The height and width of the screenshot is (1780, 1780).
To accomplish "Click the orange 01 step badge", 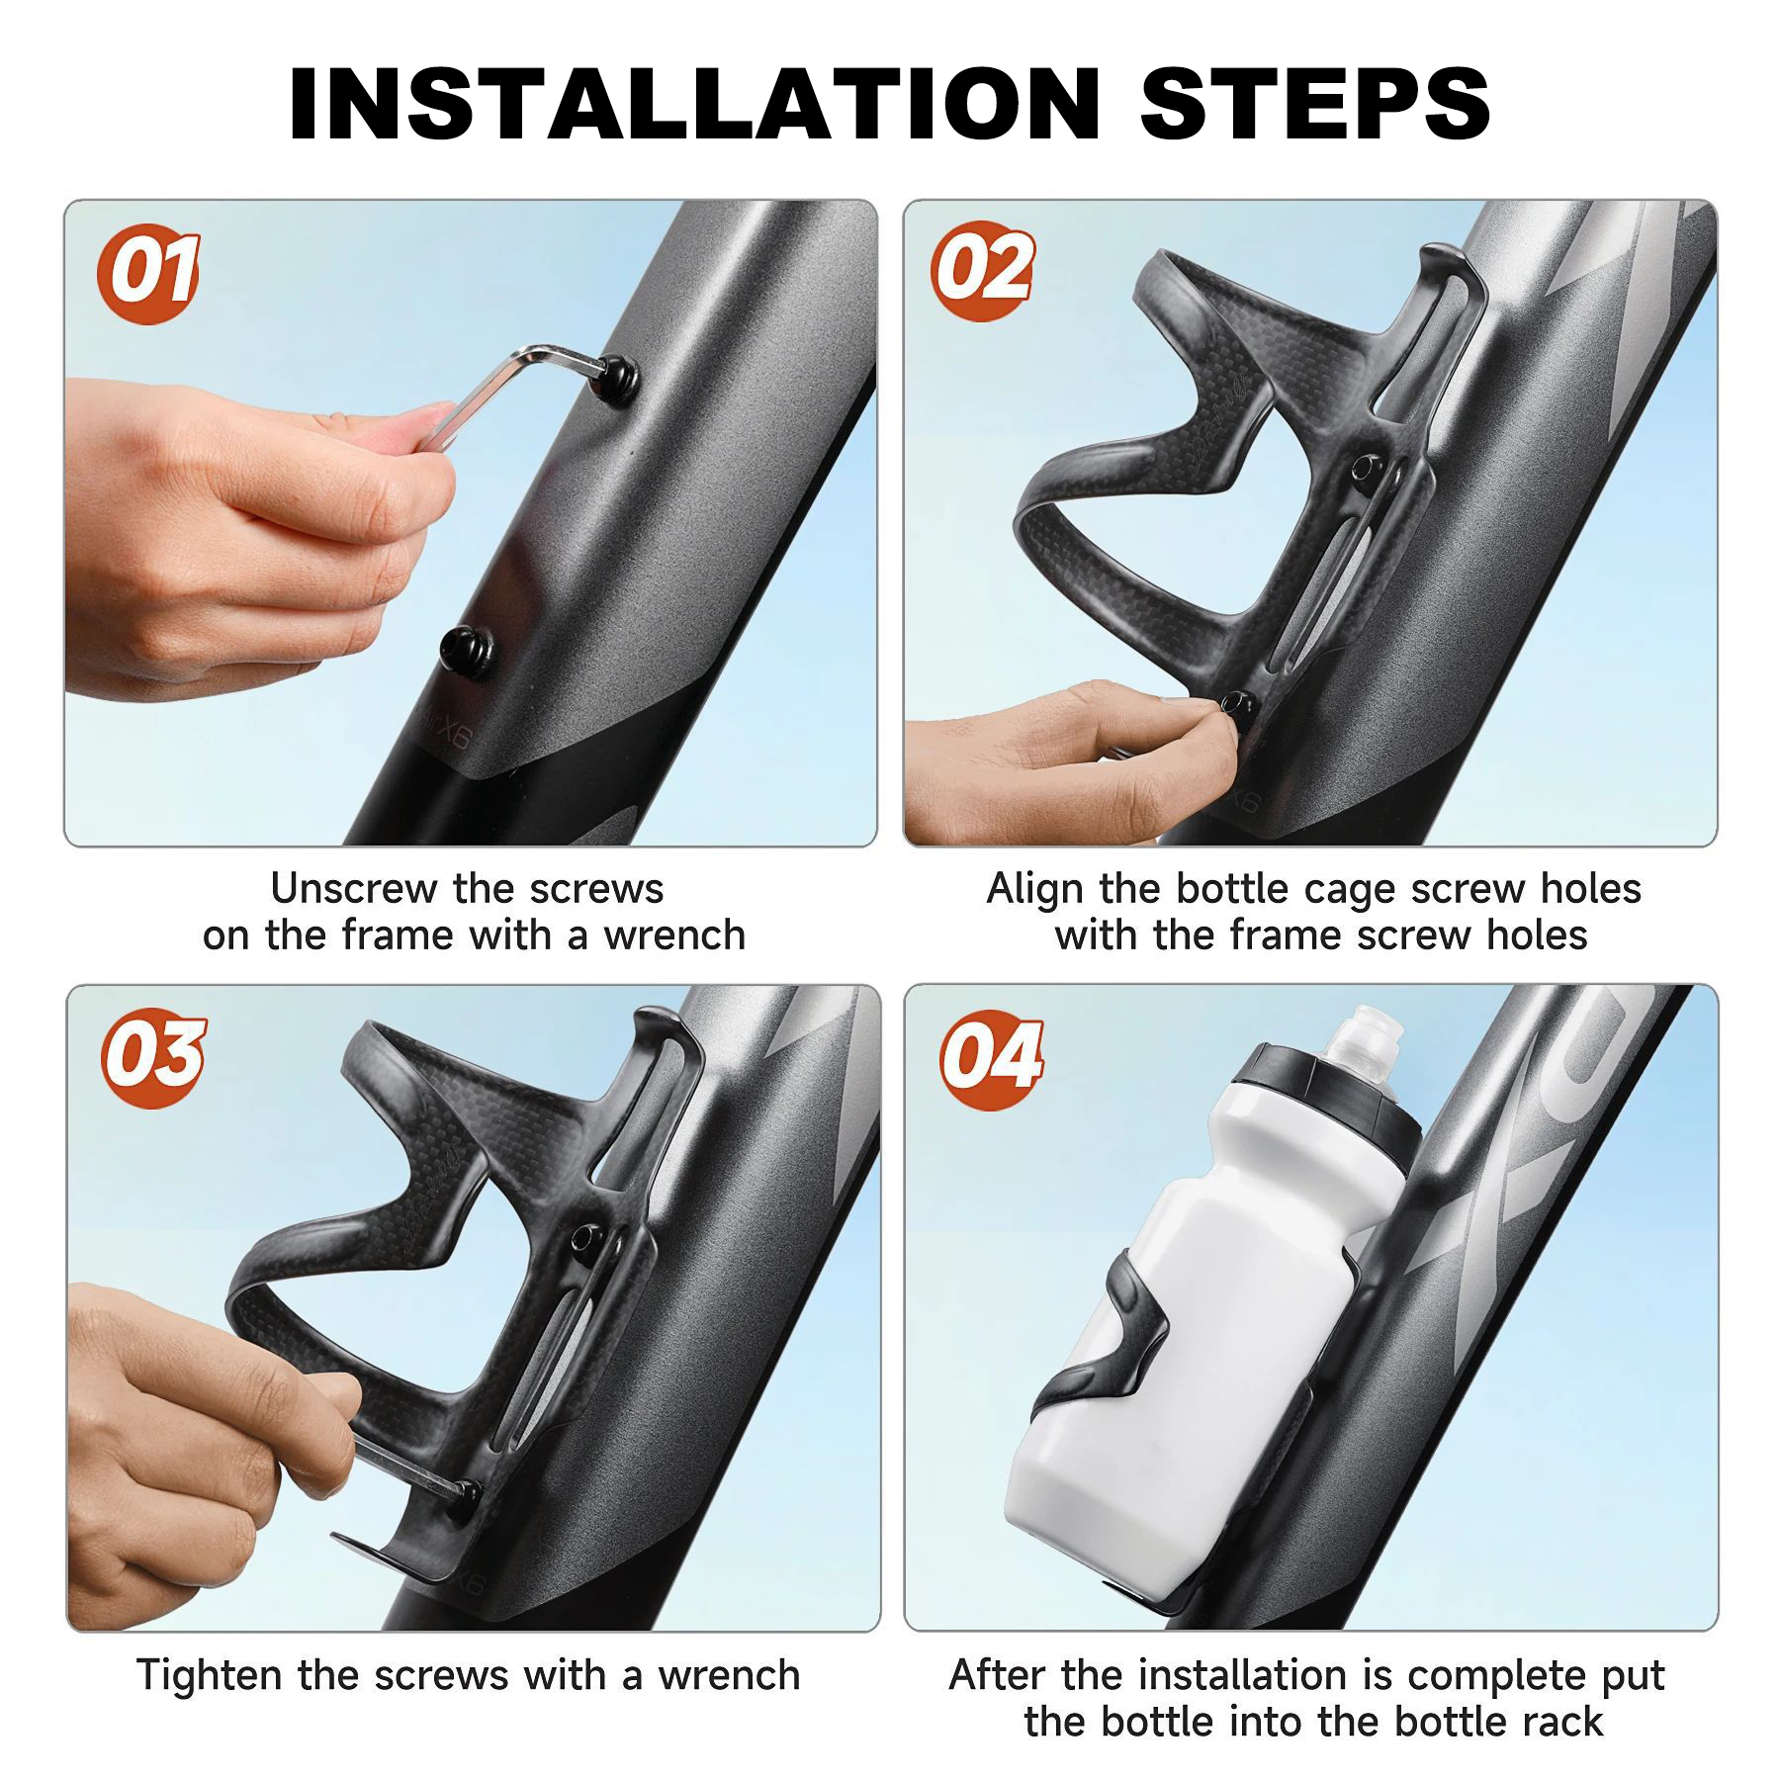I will tap(148, 273).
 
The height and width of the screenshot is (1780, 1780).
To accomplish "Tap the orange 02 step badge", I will tap(983, 270).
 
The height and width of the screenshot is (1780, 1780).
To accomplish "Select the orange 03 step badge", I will tap(153, 1057).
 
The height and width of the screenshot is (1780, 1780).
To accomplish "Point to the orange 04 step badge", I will tap(991, 1057).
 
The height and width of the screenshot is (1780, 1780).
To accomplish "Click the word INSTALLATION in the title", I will tap(692, 104).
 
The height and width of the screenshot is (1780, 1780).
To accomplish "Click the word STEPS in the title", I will tap(1315, 104).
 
